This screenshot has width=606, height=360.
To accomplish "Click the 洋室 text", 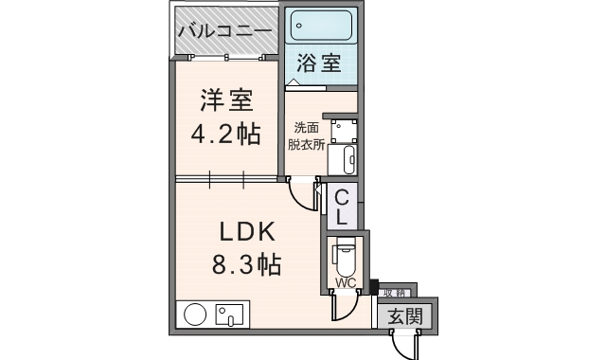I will pos(225,101).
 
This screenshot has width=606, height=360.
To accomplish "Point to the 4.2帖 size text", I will pos(225,134).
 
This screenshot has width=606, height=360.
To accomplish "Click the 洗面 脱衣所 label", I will pos(306,135).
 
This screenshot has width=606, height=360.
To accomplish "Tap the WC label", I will pos(344,282).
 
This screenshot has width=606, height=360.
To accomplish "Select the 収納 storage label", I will pos(395,293).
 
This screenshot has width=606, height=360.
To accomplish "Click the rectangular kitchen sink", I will pos(229,314).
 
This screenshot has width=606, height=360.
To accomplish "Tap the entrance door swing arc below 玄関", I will pos(405,347).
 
